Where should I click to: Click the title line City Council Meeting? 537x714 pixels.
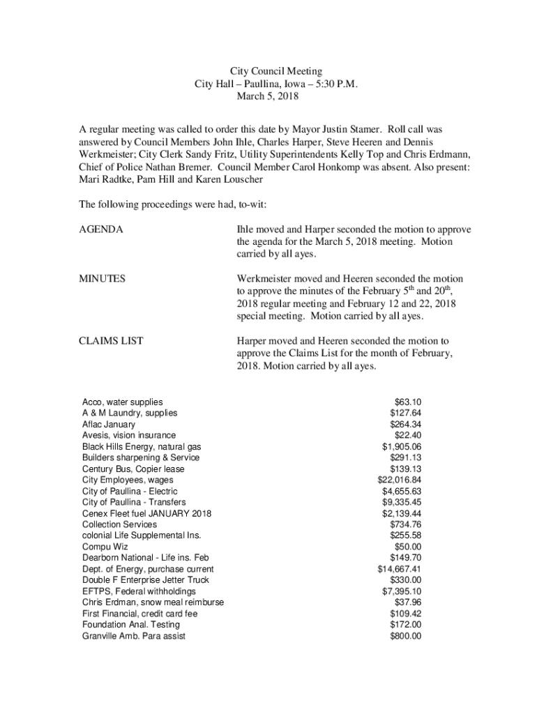276,71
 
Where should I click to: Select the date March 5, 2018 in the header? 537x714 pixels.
267,96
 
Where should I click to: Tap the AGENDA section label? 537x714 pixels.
102,229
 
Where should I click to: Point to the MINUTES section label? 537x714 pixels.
103,279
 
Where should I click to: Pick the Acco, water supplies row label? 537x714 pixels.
123,402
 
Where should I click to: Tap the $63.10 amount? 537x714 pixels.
407,402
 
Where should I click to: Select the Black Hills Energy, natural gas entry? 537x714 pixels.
142,446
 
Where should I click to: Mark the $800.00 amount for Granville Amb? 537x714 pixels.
405,636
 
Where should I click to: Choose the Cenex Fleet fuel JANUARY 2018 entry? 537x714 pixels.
146,513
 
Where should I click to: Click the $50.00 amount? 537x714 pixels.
407,547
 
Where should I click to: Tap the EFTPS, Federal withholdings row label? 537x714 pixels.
139,591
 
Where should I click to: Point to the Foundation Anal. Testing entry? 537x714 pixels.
130,625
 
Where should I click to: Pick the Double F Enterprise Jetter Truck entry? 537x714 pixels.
146,580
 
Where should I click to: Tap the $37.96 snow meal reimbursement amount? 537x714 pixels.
407,602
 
